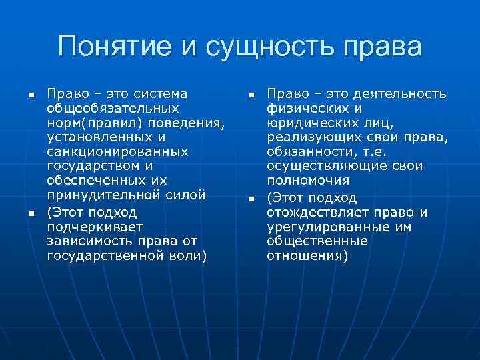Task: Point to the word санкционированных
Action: point(117,153)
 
